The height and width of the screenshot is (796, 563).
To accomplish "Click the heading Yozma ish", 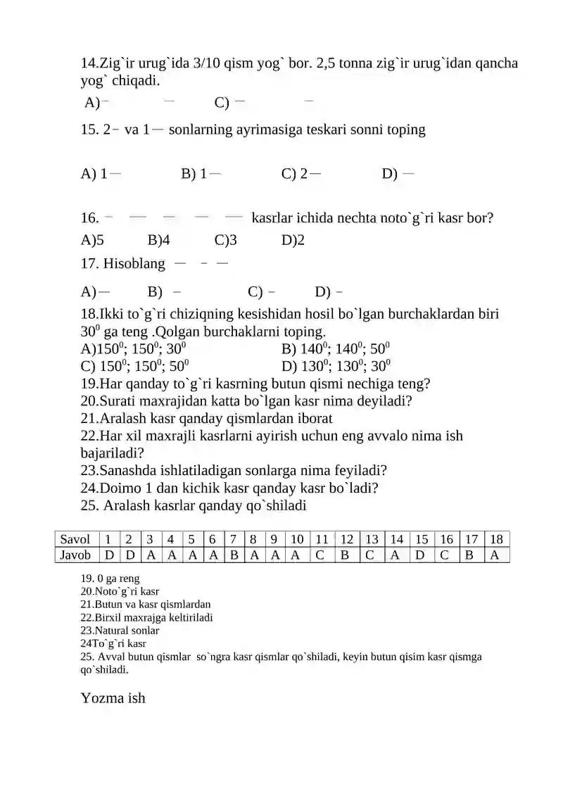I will pos(113,698).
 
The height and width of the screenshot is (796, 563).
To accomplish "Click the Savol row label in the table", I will pos(75,540).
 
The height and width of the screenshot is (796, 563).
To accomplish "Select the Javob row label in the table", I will pos(75,555).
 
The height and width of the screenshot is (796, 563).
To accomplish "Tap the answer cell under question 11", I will pos(320,555).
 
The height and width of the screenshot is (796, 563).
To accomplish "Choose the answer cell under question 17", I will pos(469,555).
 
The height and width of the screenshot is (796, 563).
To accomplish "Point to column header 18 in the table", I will pos(496,540).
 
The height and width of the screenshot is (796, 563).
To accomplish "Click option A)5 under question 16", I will pos(92,240).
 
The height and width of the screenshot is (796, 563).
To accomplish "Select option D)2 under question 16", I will pos(293,240).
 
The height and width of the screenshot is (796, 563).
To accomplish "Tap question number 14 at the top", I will pos(90,63).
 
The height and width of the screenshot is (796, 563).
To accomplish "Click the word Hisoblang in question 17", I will pos(134,265).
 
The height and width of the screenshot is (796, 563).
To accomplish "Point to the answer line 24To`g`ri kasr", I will pos(113,643).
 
